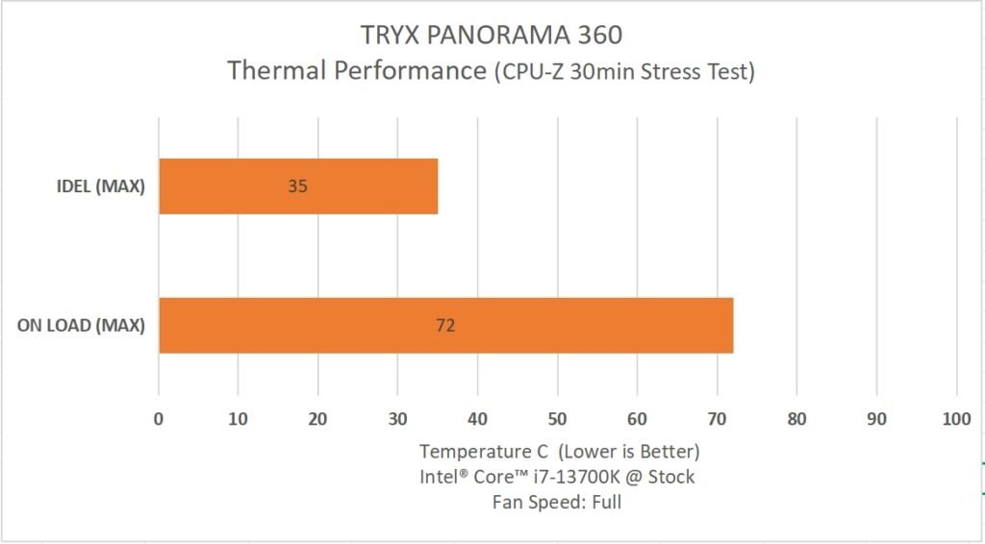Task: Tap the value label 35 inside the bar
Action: (297, 185)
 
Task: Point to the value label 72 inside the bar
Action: (444, 325)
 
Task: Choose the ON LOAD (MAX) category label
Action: (81, 325)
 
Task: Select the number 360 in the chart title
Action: (594, 36)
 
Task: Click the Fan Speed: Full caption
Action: (557, 502)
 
